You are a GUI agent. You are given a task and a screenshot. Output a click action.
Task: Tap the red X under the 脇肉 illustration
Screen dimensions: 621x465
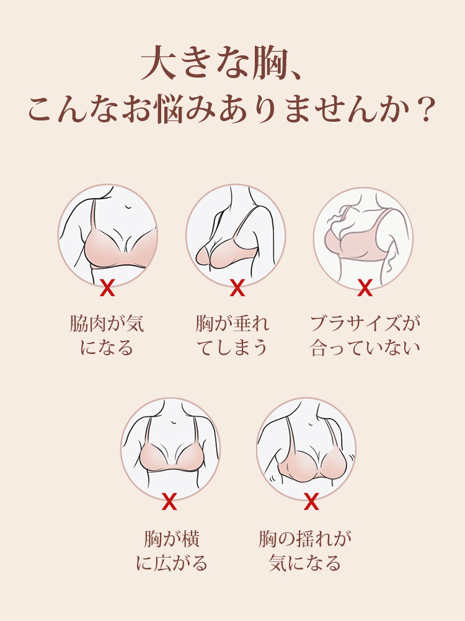107,288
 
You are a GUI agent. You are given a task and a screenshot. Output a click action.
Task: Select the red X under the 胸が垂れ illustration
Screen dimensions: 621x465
237,288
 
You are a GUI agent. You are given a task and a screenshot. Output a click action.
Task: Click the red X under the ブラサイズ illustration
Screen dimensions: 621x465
365,288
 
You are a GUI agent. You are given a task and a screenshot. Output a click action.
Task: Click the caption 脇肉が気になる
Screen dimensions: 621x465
107,335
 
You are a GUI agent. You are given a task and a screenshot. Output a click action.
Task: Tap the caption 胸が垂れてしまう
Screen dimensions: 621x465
232,335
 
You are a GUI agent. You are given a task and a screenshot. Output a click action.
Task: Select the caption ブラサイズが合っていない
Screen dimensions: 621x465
365,335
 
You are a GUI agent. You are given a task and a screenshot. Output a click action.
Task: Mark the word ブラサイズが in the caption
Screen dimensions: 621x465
365,324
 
